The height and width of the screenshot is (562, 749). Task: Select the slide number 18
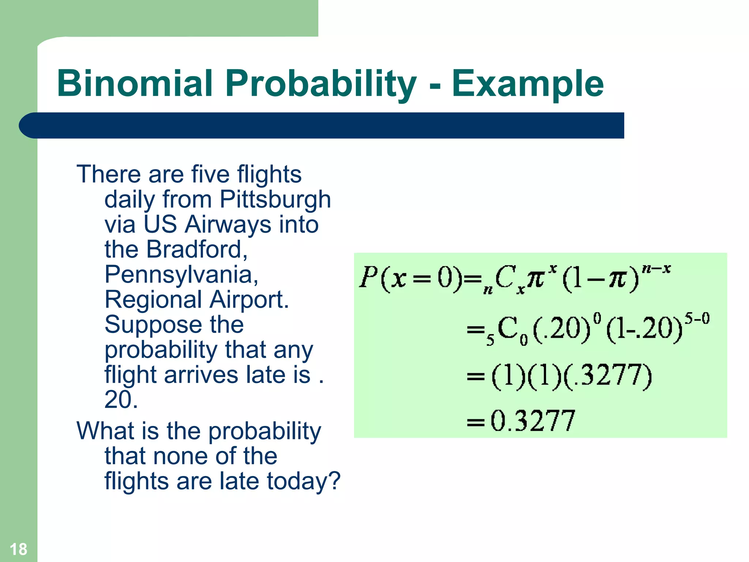[18, 549]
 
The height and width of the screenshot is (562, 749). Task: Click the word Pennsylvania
[181, 275]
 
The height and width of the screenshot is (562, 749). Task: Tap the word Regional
[153, 300]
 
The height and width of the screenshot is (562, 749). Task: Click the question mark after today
[334, 481]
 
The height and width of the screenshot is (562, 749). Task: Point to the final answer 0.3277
[532, 421]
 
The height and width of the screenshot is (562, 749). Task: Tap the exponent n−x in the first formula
[656, 269]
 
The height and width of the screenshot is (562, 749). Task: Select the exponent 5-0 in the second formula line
[697, 318]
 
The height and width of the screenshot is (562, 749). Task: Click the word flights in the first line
[269, 175]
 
